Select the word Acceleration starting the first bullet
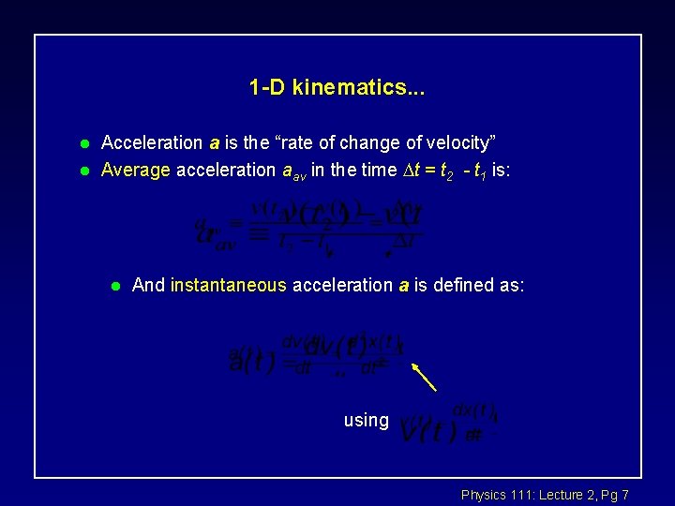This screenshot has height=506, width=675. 151,143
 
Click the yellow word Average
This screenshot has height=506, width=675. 135,171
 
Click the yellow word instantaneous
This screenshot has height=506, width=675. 228,285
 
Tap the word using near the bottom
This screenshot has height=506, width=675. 366,421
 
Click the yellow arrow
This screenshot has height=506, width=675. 425,378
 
